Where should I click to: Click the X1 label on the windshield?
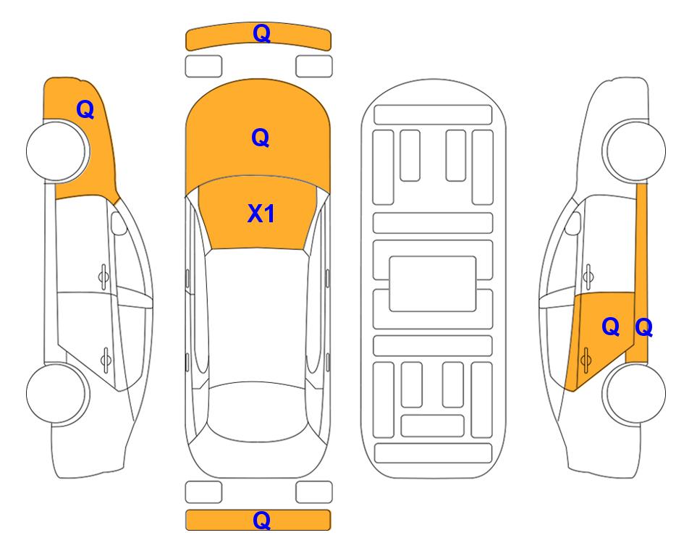click(261, 214)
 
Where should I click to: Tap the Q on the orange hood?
click(261, 138)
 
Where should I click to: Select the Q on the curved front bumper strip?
click(261, 33)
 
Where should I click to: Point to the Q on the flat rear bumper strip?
click(261, 520)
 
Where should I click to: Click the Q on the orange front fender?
click(85, 109)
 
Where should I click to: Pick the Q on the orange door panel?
click(611, 327)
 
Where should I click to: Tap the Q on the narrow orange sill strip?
click(643, 328)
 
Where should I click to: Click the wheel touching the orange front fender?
click(57, 151)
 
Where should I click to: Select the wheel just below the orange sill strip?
click(634, 394)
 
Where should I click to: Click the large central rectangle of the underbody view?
click(433, 284)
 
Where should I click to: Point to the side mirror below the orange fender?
click(119, 223)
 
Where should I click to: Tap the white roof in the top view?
click(258, 316)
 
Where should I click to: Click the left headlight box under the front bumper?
click(203, 67)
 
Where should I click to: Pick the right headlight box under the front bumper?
click(314, 67)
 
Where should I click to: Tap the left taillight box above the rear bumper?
click(203, 492)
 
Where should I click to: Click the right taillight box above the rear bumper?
click(314, 492)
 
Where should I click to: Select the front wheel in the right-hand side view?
click(634, 151)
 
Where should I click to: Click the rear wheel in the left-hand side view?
click(57, 394)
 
